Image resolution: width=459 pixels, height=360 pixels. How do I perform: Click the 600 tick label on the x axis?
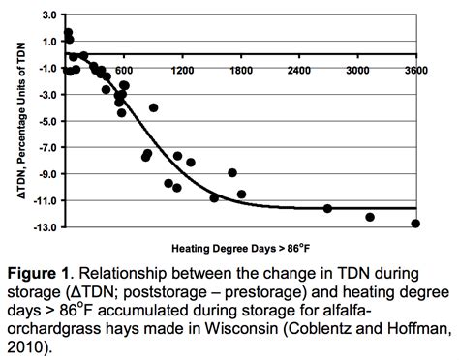point(123,71)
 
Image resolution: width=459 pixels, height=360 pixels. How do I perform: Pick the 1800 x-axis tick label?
point(241,71)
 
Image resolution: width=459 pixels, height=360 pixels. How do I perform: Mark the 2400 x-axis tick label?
point(299,71)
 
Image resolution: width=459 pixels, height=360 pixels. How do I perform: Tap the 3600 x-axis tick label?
point(416,71)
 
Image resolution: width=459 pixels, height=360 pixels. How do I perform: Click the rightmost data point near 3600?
point(415,224)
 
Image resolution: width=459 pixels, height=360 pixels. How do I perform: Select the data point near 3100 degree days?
point(370,217)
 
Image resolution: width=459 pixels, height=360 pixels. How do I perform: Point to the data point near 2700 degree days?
point(327,209)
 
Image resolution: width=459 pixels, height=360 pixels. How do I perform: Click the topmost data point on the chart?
point(68,33)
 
